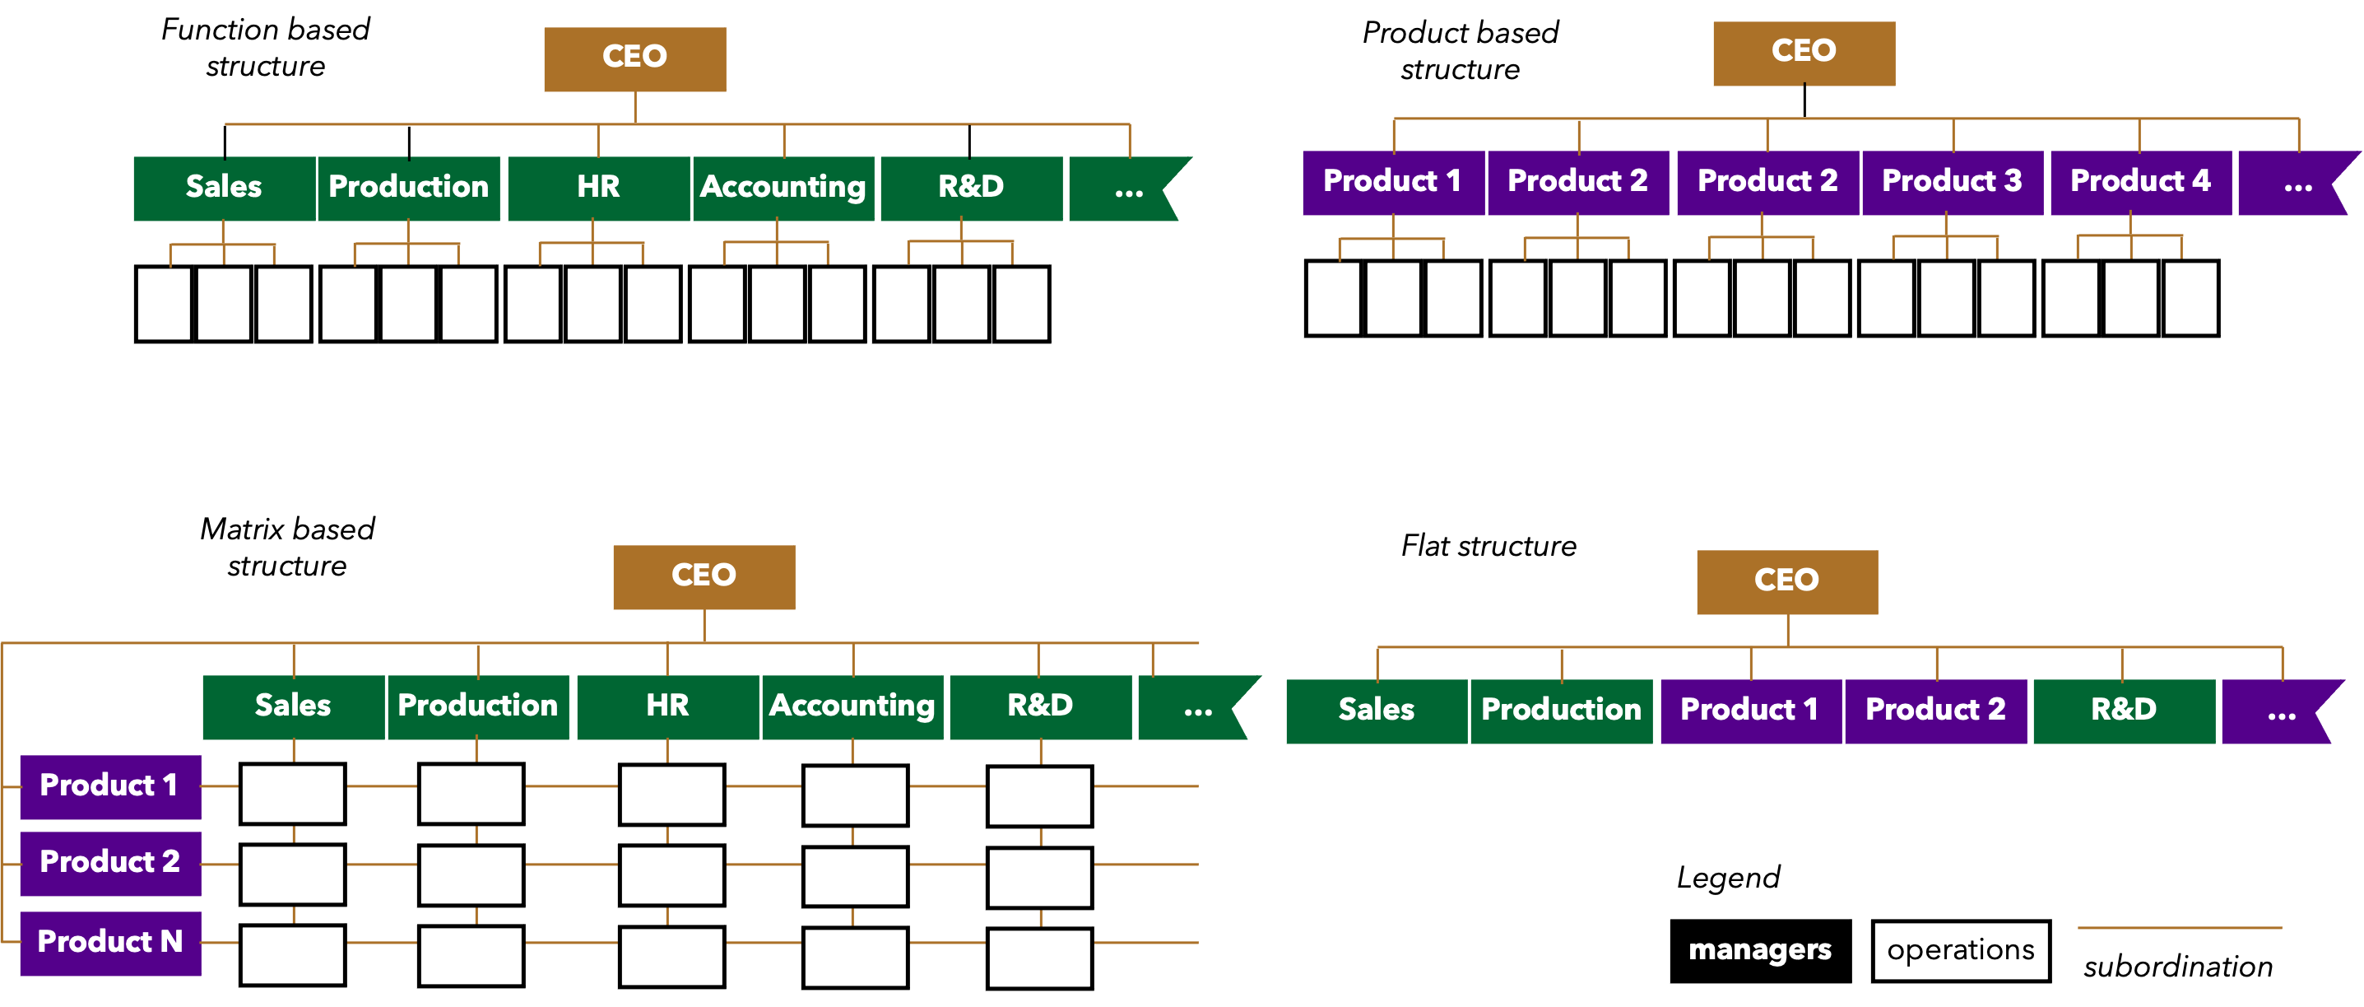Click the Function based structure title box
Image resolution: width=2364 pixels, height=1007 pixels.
[x=265, y=49]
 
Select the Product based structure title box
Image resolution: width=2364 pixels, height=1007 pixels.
[x=1460, y=54]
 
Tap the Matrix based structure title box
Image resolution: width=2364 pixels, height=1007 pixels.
[x=287, y=549]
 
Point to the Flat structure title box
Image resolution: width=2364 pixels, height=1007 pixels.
[x=1489, y=547]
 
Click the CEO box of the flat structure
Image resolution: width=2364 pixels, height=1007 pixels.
[x=1786, y=582]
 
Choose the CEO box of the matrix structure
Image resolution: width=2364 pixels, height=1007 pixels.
[x=704, y=577]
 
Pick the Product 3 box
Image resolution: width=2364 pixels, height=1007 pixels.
[x=1952, y=183]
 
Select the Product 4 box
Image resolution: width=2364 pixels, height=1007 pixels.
[x=2140, y=183]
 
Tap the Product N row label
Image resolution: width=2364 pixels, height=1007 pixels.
[x=110, y=943]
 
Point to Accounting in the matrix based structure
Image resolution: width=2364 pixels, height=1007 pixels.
[x=852, y=706]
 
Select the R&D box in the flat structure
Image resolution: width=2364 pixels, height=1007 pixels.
[x=2124, y=711]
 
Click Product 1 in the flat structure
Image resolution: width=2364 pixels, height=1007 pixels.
[x=1750, y=711]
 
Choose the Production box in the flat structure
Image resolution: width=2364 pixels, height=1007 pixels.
[x=1561, y=711]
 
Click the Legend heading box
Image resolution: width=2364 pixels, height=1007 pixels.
[x=1729, y=879]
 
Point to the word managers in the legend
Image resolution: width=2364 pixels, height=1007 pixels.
[x=1759, y=950]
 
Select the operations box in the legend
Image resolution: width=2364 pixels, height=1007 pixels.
[x=1960, y=951]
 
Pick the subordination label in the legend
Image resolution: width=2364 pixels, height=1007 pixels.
[x=2179, y=967]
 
